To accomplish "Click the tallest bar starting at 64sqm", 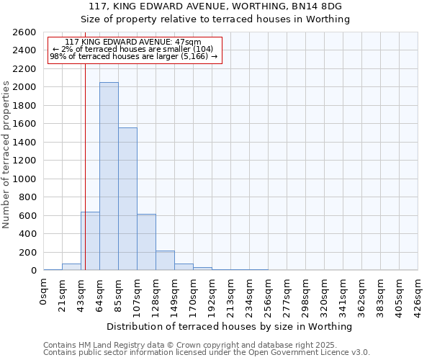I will (109, 176).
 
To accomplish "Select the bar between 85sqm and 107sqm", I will (127, 199).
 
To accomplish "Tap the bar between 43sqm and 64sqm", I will (90, 241).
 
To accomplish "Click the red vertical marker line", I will (85, 166).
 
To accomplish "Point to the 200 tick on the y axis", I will (30, 253).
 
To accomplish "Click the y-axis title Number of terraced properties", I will (6, 155).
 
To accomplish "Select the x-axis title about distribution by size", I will (230, 326).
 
